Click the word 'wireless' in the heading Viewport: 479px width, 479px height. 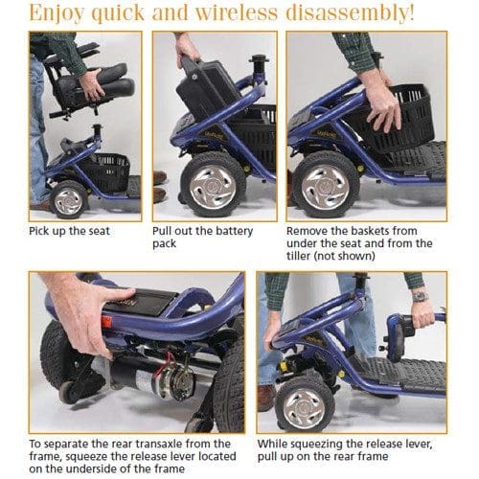point(237,12)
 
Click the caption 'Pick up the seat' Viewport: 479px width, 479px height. point(69,231)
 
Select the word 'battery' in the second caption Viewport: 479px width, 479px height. point(232,231)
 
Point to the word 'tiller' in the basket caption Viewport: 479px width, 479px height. point(298,256)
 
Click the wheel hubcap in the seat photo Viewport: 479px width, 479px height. point(68,201)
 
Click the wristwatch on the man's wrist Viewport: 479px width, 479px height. point(421,296)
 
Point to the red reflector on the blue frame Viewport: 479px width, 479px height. point(106,322)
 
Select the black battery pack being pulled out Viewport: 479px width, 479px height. point(204,88)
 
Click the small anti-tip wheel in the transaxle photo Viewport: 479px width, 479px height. point(68,392)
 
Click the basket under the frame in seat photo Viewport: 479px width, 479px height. point(107,171)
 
